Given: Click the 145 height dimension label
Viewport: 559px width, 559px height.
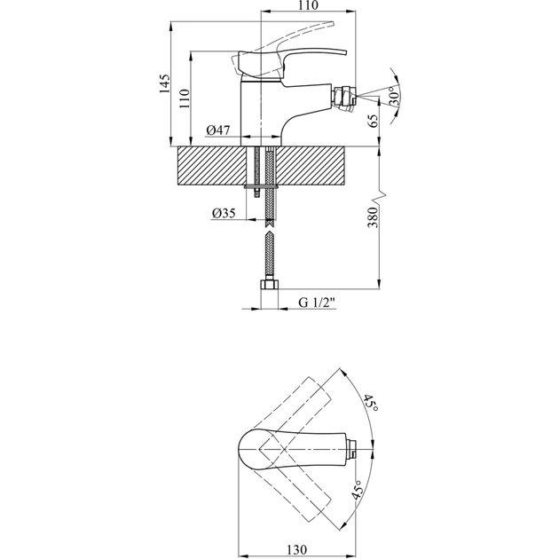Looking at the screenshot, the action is pyautogui.click(x=164, y=83).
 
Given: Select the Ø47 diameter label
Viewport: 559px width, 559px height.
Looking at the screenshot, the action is pyautogui.click(x=217, y=130).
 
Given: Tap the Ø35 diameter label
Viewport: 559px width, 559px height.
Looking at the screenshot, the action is pyautogui.click(x=224, y=213).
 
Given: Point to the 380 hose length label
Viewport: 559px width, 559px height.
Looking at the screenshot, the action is pyautogui.click(x=372, y=217).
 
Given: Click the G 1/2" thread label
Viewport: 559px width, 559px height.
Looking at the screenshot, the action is pyautogui.click(x=317, y=303).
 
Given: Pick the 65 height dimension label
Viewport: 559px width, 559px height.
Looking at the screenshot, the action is pyautogui.click(x=373, y=121).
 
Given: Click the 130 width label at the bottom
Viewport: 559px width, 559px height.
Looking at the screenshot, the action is pyautogui.click(x=296, y=549).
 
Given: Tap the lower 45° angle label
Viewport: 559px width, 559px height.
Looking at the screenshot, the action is pyautogui.click(x=358, y=489).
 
